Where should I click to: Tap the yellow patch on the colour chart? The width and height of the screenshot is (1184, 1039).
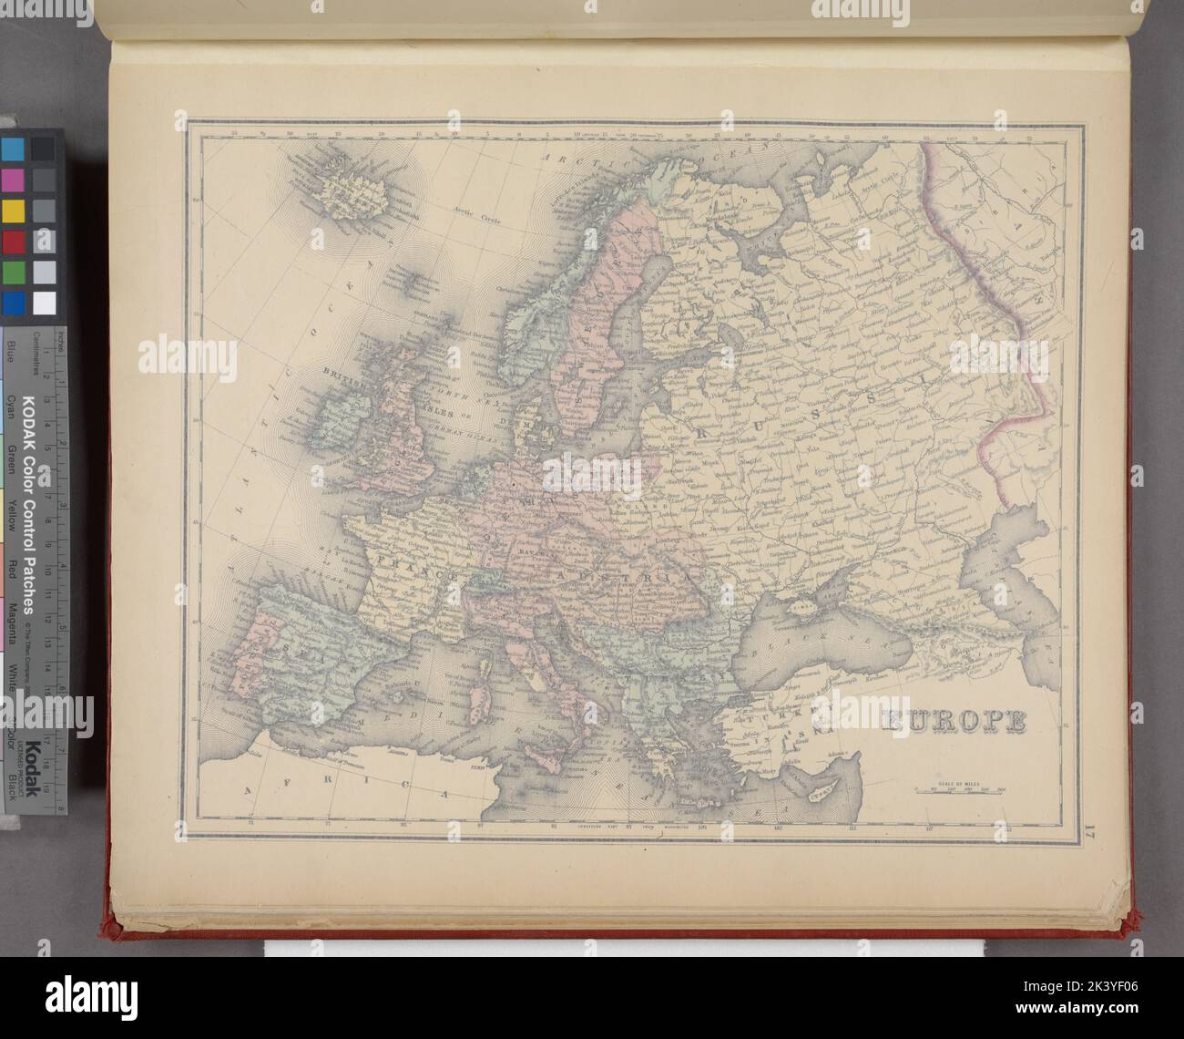point(14,211)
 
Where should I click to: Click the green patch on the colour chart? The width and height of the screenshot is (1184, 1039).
point(14,273)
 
